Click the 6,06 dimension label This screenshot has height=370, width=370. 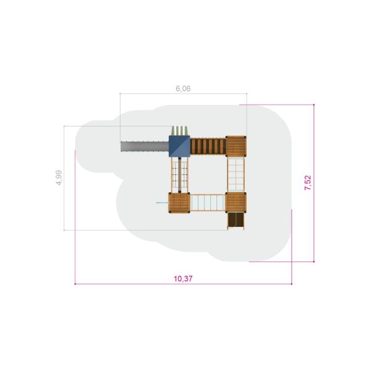click(x=183, y=89)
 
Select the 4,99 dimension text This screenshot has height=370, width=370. click(x=59, y=178)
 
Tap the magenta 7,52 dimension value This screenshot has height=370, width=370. click(x=308, y=183)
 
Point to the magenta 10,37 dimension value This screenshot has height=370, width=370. click(x=183, y=279)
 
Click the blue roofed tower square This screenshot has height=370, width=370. click(x=179, y=146)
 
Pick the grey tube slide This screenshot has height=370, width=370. click(x=145, y=147)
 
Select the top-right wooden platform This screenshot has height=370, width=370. click(x=236, y=146)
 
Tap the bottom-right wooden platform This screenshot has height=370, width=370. click(x=236, y=202)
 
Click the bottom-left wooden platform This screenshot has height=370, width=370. click(x=179, y=203)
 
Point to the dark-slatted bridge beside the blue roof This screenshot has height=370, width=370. click(x=208, y=146)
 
